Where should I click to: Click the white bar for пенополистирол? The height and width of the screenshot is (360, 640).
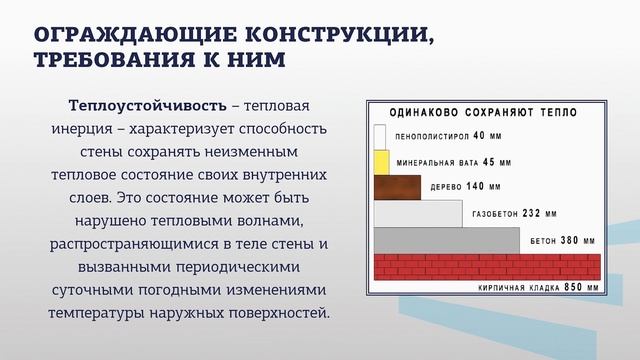pyautogui.click(x=380, y=137)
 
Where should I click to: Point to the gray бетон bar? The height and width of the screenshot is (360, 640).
pyautogui.click(x=446, y=240)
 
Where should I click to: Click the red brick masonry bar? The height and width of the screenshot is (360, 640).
pyautogui.click(x=486, y=267)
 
